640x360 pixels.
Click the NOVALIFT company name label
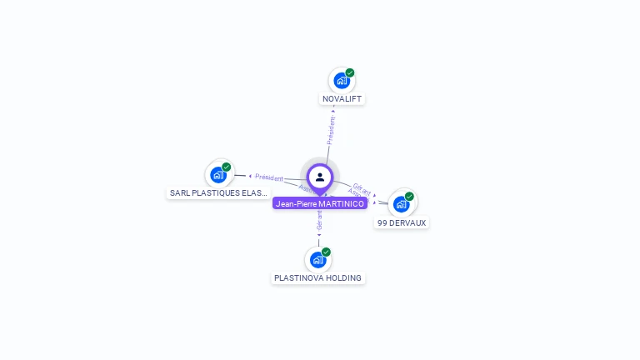342,99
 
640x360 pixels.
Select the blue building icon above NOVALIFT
341,81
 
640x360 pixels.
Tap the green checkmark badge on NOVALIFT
350,72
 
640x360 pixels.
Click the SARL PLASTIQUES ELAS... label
218,192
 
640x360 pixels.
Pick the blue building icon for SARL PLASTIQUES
218,175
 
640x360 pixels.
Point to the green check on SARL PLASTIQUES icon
227,167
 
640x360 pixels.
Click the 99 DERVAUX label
402,222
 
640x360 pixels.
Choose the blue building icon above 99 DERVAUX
402,205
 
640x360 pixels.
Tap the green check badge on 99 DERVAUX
409,197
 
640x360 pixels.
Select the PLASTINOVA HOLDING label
317,277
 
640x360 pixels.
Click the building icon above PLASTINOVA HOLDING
317,260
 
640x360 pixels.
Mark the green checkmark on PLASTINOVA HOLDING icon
326,252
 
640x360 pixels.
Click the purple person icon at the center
320,177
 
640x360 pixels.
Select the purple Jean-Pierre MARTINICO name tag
320,203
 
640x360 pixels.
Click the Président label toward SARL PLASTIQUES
269,177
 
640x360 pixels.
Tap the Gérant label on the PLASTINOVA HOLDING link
319,220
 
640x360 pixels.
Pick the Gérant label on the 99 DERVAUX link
362,187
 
